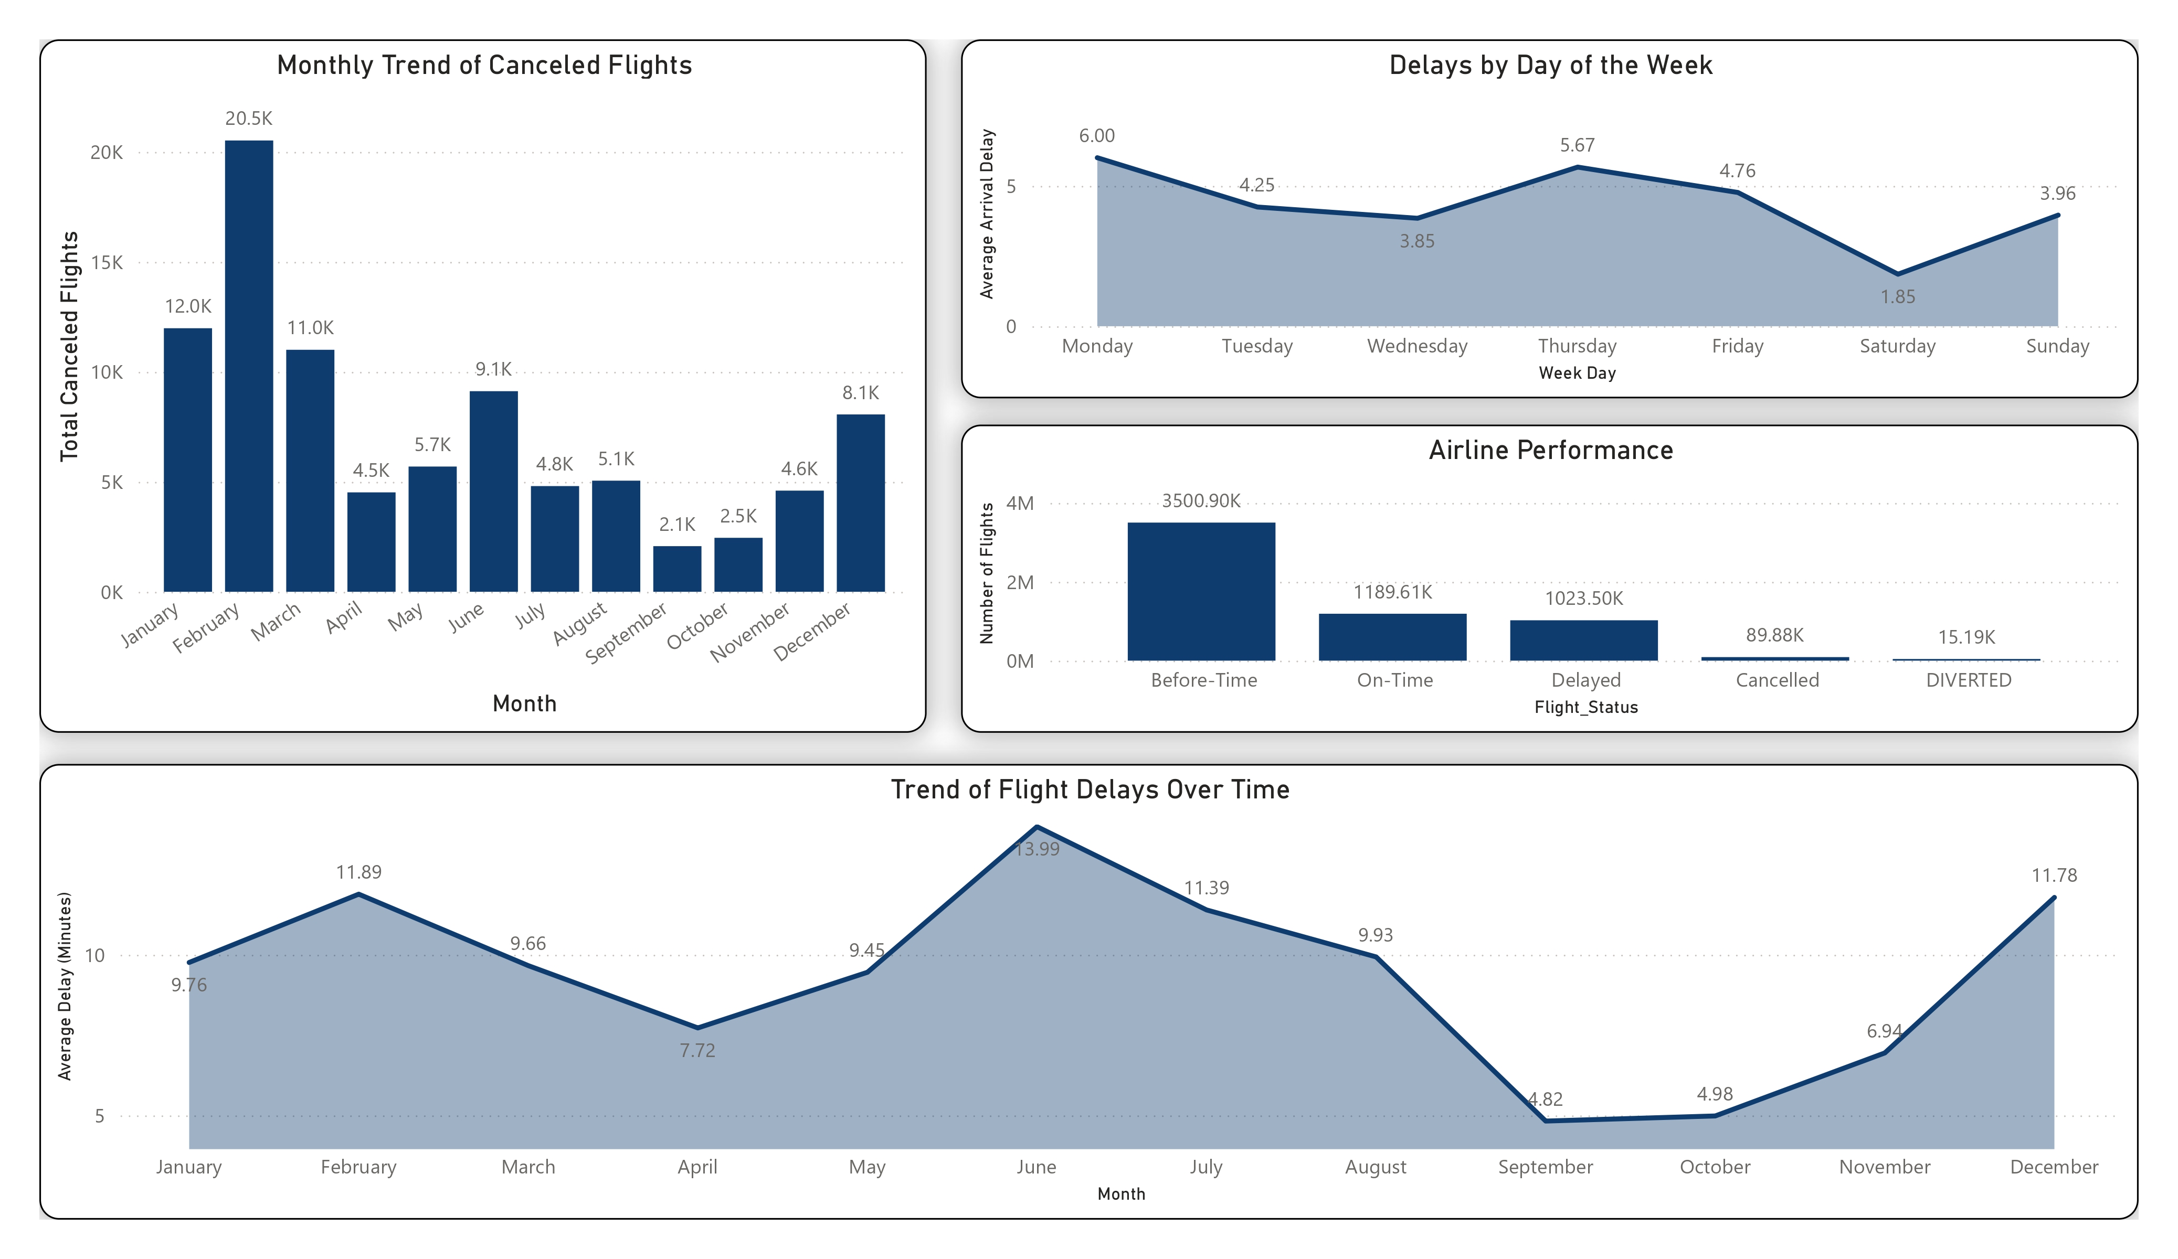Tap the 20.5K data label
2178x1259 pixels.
point(249,119)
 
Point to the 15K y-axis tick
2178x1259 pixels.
point(107,263)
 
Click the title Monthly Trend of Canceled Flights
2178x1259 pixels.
point(484,66)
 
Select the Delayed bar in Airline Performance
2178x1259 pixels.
point(1583,641)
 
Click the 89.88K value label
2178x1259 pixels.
point(1774,635)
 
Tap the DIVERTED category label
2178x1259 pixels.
point(1968,680)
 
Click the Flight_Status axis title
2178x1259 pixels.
point(1585,707)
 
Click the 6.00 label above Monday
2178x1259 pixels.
point(1096,136)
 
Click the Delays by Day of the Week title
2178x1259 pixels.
point(1550,66)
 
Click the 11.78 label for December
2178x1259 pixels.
point(2054,876)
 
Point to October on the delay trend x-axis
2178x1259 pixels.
point(1714,1167)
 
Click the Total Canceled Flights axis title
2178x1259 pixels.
point(69,346)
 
